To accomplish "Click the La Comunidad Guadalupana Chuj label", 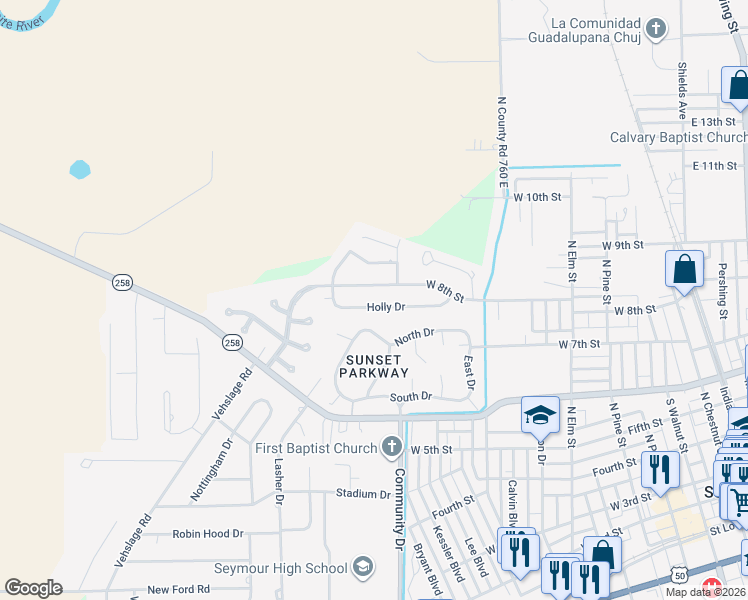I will tap(588, 30).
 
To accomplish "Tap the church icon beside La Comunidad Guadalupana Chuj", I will tap(656, 28).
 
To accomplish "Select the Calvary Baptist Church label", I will tap(678, 137).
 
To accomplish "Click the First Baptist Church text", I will tap(315, 448).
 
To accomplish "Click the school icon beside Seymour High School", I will tap(363, 569).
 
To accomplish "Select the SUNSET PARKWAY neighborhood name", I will tap(375, 366).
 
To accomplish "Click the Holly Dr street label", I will tap(385, 307).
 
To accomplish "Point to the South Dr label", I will tap(410, 397).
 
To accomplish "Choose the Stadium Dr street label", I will tap(363, 494).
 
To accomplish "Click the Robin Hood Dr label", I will tap(208, 534).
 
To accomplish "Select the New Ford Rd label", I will tap(178, 590).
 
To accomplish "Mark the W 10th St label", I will tap(537, 197).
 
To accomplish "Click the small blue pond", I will tap(80, 169).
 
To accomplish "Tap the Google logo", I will tap(33, 588).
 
